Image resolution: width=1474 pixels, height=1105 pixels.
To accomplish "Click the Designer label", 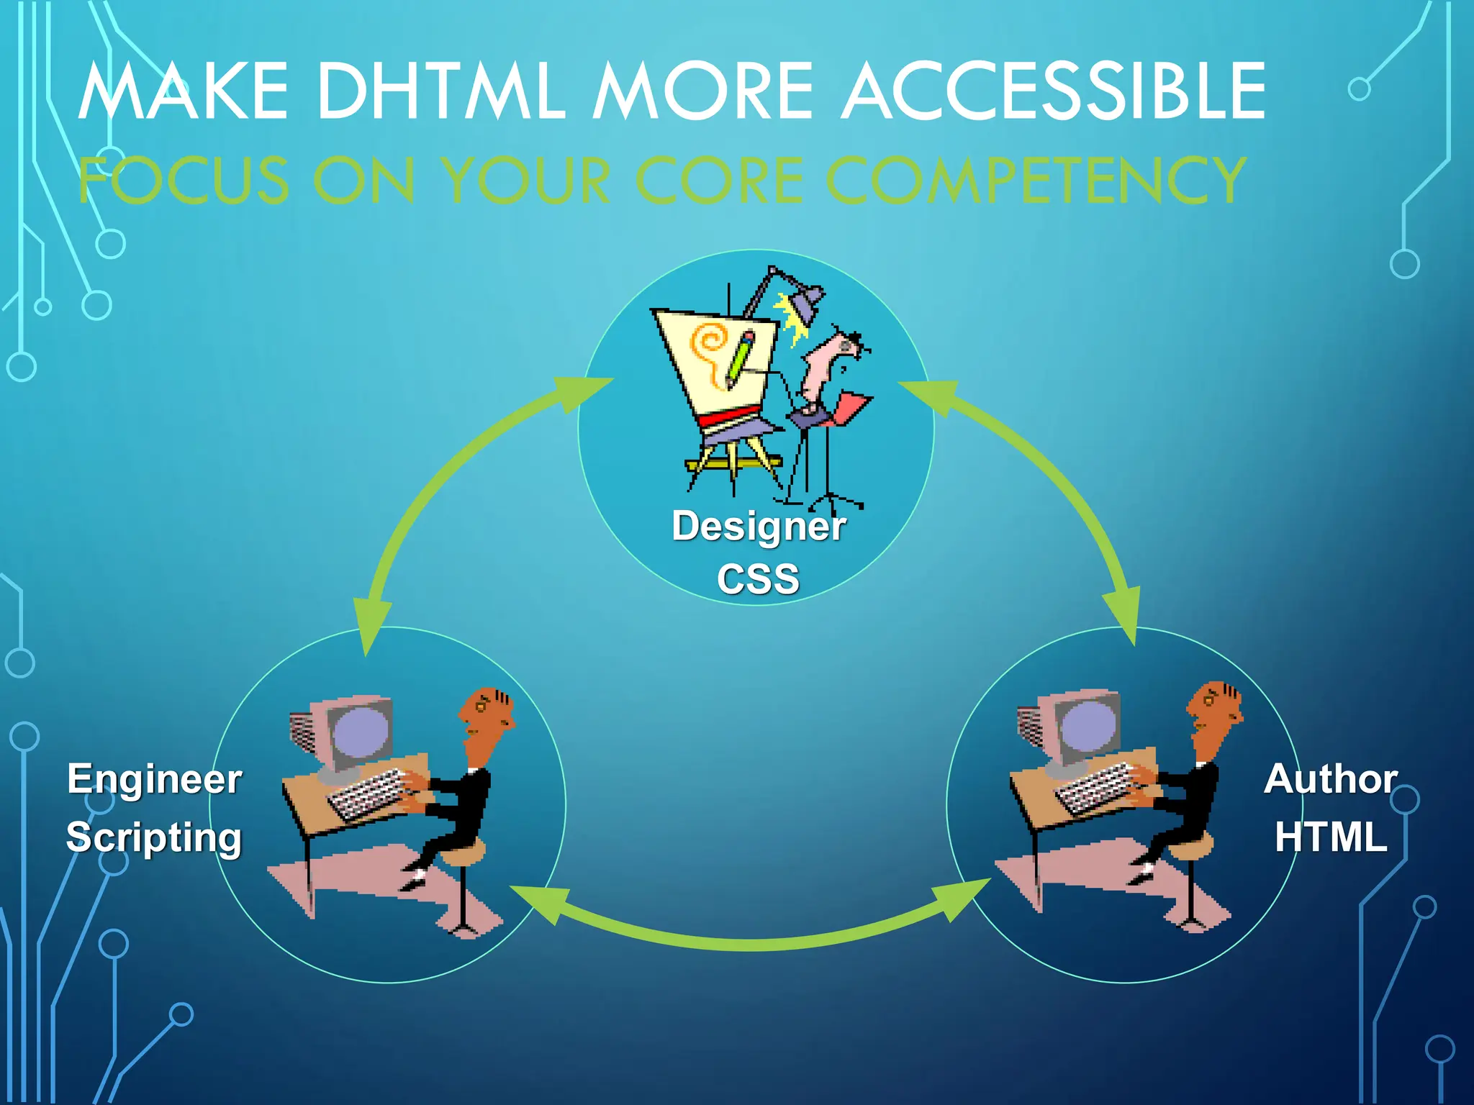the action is [x=759, y=526].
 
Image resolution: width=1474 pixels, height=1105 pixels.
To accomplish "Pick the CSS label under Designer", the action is [x=758, y=579].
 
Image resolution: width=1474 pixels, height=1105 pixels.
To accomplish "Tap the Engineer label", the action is [x=155, y=779].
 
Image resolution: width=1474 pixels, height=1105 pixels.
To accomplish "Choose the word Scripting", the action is [x=154, y=837].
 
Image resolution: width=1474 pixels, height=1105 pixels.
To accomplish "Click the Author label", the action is [x=1331, y=779].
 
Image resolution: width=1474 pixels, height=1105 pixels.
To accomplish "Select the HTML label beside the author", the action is [x=1331, y=837].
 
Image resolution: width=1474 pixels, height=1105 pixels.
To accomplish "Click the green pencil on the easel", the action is [x=740, y=358].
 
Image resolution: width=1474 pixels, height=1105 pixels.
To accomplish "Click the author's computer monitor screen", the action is [x=1089, y=727].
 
